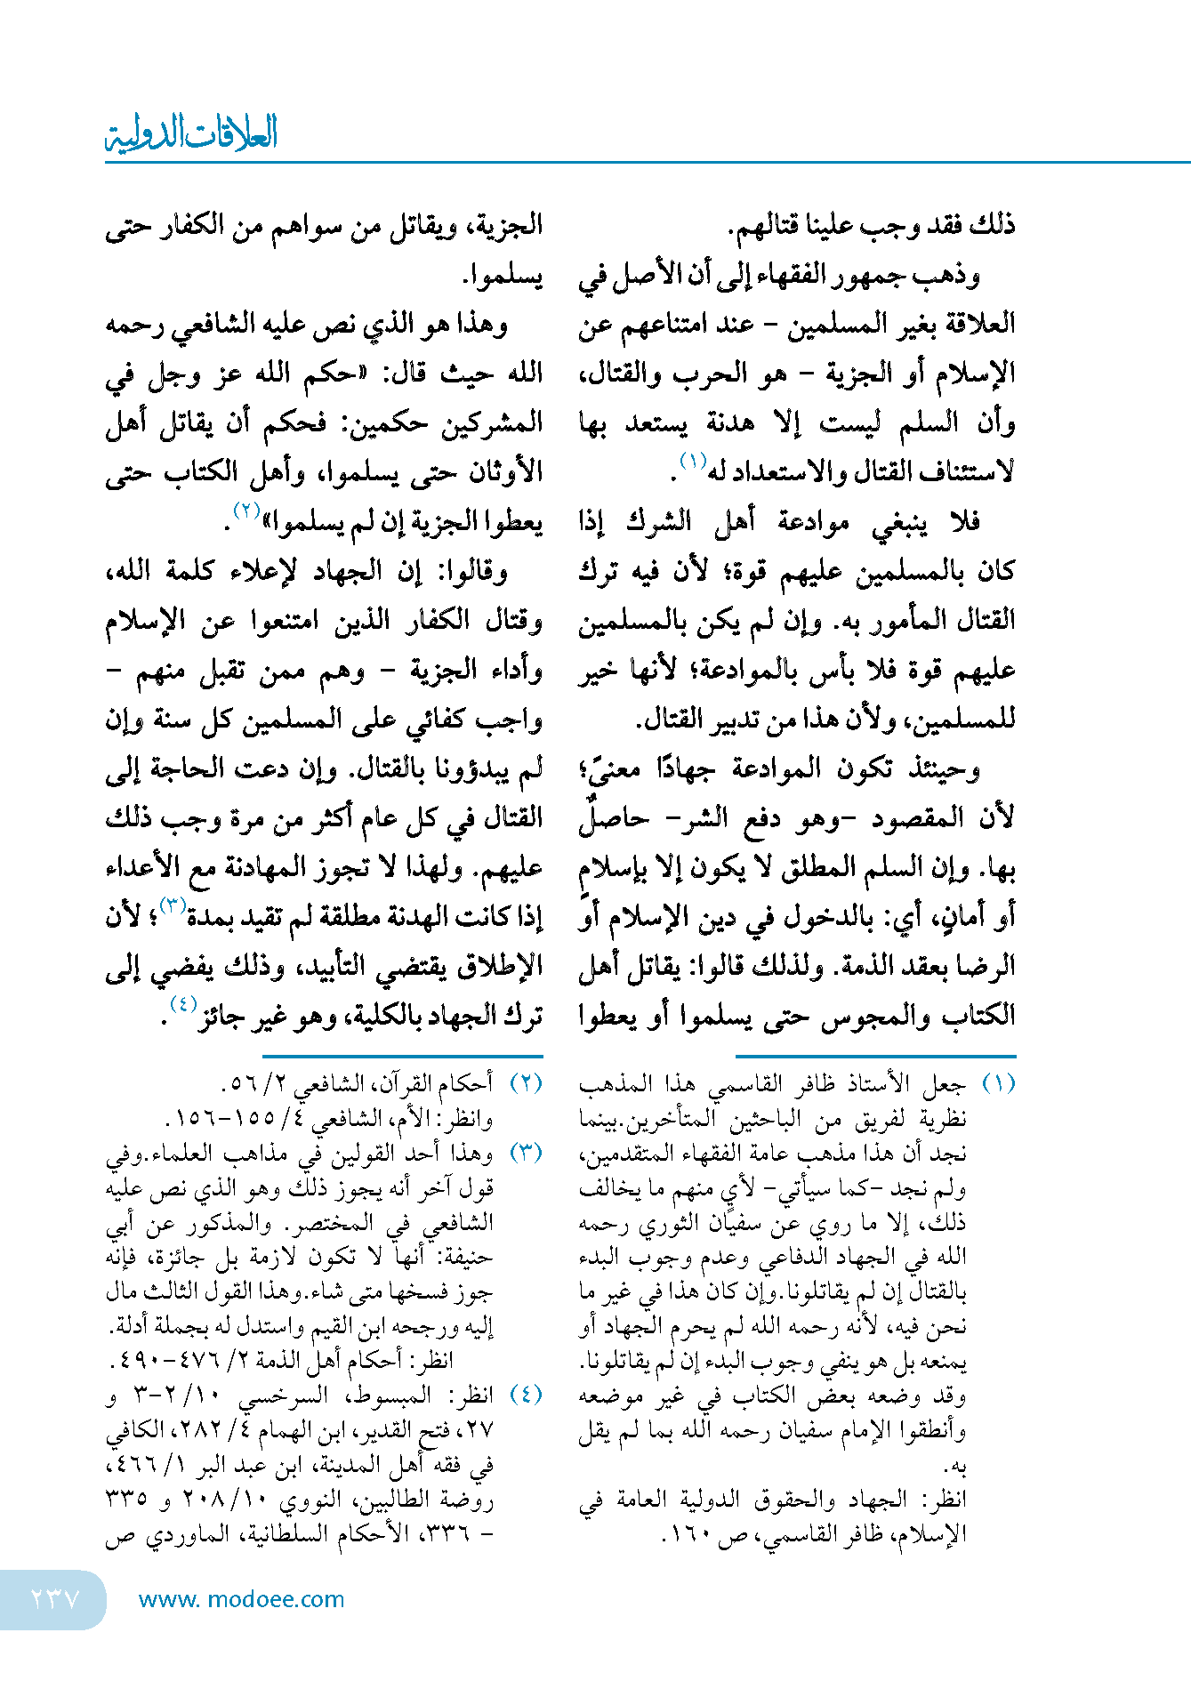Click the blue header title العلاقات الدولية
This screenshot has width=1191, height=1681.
191,133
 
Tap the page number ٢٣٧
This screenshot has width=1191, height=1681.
55,1599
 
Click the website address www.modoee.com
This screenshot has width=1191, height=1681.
241,1599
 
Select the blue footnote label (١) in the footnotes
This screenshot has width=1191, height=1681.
998,1083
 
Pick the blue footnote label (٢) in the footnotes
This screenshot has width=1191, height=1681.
526,1083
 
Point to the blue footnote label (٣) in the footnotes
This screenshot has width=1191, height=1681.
526,1153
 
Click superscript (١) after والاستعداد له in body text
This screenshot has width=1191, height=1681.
692,461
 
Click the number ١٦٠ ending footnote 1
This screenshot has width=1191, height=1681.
686,1534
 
